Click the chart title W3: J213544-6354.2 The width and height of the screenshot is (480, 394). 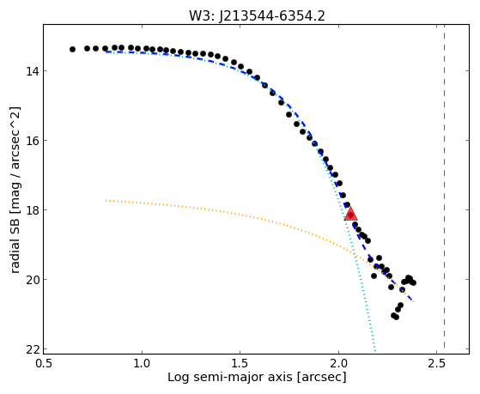pos(257,15)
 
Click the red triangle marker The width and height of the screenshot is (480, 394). pos(350,214)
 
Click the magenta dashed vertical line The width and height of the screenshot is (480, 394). pos(444,186)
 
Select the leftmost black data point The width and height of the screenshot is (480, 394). pos(72,49)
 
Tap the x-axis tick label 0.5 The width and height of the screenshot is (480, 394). pos(44,363)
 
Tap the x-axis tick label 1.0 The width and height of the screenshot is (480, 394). pos(142,363)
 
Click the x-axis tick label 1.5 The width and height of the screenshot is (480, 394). pos(240,363)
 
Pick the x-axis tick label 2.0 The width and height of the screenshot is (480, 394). pos(338,363)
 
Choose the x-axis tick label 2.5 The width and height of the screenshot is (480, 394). pos(437,363)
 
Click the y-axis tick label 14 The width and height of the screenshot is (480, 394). pos(33,71)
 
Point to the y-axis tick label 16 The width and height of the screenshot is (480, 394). pos(33,141)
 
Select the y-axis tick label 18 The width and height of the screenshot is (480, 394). pos(33,210)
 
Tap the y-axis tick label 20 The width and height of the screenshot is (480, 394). pos(33,280)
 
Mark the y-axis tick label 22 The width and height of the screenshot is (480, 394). pos(33,349)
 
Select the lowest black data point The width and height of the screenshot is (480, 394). pos(396,317)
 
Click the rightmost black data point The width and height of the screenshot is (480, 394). pos(413,283)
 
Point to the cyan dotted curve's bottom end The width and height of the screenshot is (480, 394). pos(375,351)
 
